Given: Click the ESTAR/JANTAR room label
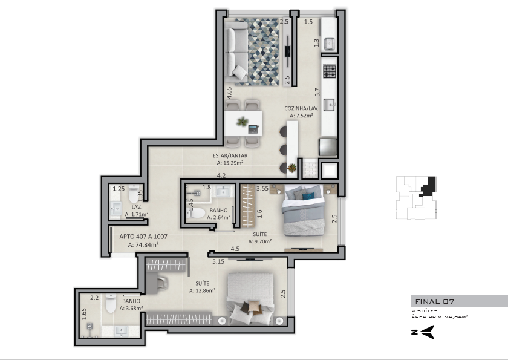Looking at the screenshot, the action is [x=230, y=155].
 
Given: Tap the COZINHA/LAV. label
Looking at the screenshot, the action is [x=301, y=108].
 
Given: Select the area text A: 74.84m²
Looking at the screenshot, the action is [x=143, y=245].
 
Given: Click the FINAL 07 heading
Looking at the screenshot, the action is [x=435, y=302].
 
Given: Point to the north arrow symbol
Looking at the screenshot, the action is [x=423, y=332].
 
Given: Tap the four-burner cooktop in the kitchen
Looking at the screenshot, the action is [x=330, y=71].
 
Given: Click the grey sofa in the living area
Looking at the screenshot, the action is [x=236, y=53].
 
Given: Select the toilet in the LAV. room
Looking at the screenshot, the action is [x=134, y=194].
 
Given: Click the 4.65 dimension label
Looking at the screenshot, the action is [x=229, y=93].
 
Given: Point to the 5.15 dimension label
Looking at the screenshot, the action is [x=218, y=261].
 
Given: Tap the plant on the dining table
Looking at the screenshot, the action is [x=242, y=122].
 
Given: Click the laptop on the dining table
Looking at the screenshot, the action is [x=254, y=129].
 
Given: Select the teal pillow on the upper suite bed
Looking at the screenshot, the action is [x=308, y=195].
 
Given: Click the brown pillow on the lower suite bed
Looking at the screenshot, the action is [x=254, y=306].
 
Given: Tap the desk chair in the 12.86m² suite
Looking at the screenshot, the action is [x=162, y=283].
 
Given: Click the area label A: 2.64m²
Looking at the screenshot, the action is [x=219, y=217].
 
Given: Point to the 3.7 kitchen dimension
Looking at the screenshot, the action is [x=317, y=92].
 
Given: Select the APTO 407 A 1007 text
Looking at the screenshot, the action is [x=143, y=237].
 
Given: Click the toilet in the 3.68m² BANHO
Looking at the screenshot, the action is [x=111, y=303].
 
